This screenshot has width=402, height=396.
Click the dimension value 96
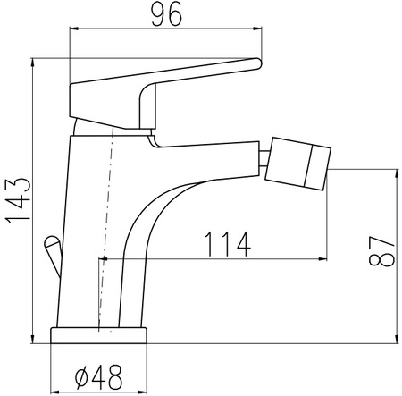click(166, 14)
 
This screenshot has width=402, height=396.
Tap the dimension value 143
click(19, 200)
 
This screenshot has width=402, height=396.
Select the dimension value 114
click(228, 245)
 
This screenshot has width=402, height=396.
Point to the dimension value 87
click(381, 251)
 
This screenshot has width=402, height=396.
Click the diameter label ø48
click(98, 377)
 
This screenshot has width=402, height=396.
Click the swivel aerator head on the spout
click(297, 164)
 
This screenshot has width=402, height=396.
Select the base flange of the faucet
click(99, 335)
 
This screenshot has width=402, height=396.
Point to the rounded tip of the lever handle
click(257, 63)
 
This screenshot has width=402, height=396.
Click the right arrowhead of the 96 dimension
click(257, 29)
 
